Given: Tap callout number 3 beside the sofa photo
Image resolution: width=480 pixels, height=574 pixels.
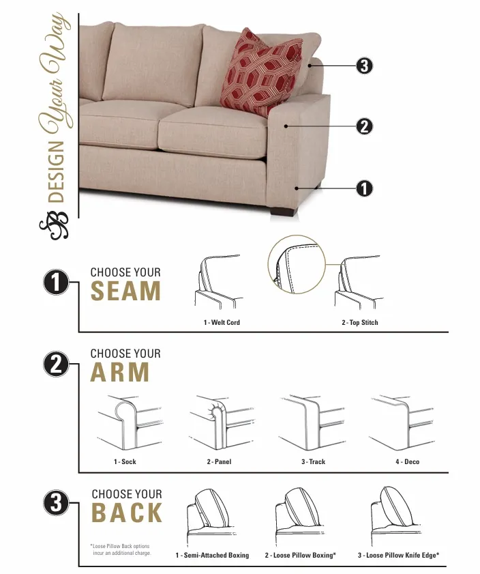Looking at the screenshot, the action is click(364, 66).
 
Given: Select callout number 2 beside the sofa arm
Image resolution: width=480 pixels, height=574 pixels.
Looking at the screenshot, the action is click(364, 127).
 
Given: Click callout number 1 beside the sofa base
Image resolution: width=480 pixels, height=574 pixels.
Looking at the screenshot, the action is click(364, 188).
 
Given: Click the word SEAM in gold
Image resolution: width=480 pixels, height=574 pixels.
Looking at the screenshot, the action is click(125, 291).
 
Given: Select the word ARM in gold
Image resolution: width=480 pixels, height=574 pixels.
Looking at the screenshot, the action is click(120, 372).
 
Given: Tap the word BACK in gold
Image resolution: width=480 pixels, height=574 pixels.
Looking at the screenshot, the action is click(127, 512).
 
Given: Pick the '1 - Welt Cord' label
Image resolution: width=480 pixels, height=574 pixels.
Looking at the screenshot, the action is click(222, 323).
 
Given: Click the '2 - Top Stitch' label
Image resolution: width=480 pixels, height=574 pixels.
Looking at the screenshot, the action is click(360, 323).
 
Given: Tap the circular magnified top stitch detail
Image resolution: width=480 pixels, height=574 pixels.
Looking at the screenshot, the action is click(297, 264).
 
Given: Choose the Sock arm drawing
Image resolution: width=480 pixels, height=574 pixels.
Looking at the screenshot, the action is click(130, 422).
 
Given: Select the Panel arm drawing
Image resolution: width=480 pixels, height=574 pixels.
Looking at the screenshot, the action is click(221, 422).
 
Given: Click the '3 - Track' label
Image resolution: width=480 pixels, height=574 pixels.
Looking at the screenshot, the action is click(314, 462).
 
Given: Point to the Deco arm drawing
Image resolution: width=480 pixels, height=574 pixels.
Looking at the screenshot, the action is click(402, 422).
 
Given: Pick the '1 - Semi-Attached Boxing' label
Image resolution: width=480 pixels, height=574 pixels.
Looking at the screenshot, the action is click(212, 556).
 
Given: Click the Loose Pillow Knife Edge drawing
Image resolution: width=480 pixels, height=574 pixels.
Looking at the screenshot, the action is click(395, 516).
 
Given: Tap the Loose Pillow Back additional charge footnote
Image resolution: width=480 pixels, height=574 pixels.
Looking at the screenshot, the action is click(120, 549).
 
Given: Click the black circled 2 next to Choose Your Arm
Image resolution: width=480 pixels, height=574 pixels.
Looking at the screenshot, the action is click(56, 364).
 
